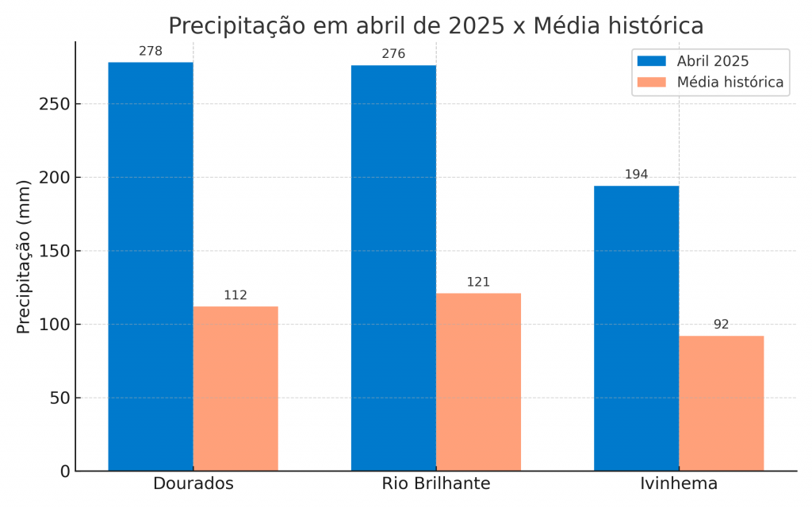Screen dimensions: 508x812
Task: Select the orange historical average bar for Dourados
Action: (236, 388)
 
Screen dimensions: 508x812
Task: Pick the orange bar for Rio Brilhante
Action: (478, 382)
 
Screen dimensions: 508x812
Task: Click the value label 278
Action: (151, 52)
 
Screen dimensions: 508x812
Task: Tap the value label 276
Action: (393, 55)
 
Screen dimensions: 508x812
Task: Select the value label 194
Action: (636, 175)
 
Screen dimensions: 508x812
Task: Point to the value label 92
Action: (721, 325)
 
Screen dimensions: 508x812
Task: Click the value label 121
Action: (478, 282)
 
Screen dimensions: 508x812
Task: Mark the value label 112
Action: (236, 295)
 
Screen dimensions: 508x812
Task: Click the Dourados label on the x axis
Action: (193, 483)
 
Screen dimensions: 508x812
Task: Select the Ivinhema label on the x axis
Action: (679, 483)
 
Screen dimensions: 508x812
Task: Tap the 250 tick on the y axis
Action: (55, 105)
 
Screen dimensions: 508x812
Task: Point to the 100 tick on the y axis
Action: (55, 325)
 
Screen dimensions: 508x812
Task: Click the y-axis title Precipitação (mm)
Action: (24, 256)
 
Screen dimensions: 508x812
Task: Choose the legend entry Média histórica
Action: (730, 82)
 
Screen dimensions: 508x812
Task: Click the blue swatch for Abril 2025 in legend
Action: (652, 61)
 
